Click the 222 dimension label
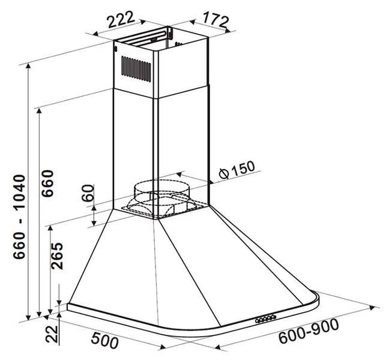pyautogui.click(x=121, y=19)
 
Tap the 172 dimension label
pyautogui.click(x=216, y=19)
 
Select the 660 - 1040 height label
pyautogui.click(x=19, y=217)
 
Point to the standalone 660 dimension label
pyautogui.click(x=47, y=184)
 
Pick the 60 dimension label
pyautogui.click(x=88, y=193)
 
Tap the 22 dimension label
pyautogui.click(x=52, y=334)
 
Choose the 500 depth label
pyautogui.click(x=105, y=341)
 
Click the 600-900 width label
pyautogui.click(x=309, y=331)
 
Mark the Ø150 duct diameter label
pyautogui.click(x=237, y=169)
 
